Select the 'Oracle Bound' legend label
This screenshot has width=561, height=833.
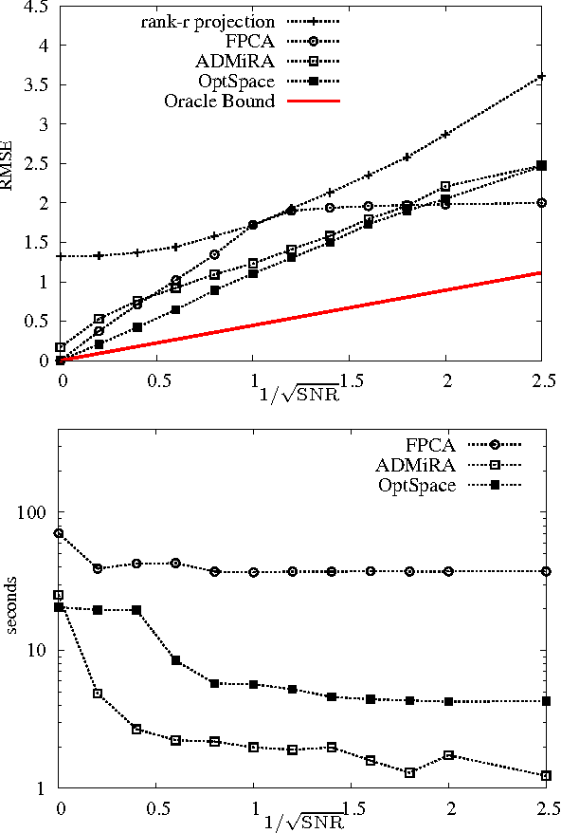tap(229, 101)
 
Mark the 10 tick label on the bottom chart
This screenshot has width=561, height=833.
tap(39, 651)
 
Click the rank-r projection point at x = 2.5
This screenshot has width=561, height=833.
tap(541, 76)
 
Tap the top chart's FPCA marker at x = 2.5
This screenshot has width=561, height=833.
tap(541, 202)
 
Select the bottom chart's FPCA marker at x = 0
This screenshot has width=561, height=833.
tap(59, 533)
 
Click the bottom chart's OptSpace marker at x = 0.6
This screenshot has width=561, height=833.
tap(175, 659)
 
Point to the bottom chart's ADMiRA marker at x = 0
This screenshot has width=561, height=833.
tap(59, 595)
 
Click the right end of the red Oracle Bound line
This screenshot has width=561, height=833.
tap(541, 272)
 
